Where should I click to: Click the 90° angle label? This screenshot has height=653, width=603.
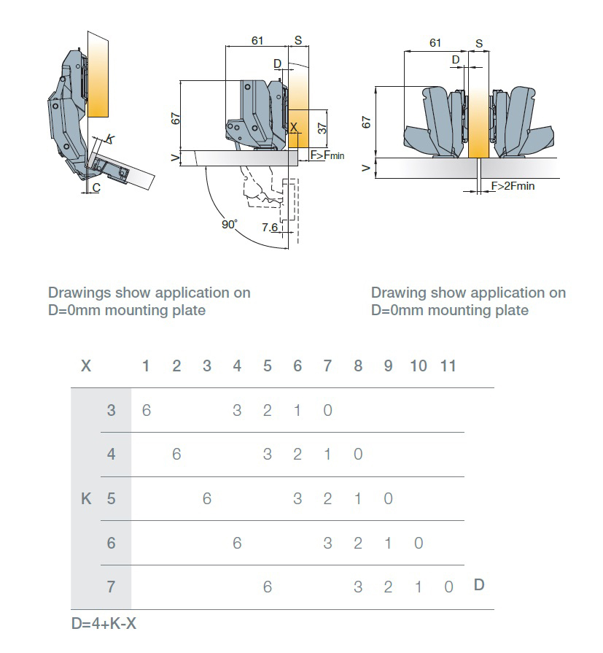click(x=230, y=225)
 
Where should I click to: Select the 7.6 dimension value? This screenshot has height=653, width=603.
click(x=269, y=228)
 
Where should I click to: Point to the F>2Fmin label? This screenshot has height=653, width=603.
click(x=513, y=186)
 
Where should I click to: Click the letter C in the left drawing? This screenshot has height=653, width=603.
click(x=96, y=188)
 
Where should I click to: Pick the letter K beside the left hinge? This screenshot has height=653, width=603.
click(x=109, y=139)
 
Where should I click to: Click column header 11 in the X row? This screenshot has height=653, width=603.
click(x=448, y=366)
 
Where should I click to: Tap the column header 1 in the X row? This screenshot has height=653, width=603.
click(x=146, y=366)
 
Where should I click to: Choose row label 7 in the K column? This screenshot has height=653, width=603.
click(x=111, y=587)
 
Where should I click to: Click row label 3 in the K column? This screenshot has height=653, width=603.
click(x=111, y=410)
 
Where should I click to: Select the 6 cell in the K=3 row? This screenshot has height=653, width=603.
click(x=146, y=410)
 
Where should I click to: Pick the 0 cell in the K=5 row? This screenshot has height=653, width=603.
click(x=388, y=499)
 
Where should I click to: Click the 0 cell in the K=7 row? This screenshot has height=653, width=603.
click(x=448, y=587)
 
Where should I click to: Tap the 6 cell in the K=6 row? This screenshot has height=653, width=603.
click(x=237, y=543)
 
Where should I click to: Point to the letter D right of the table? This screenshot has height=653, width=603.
click(x=479, y=584)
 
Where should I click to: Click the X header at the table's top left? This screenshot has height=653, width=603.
click(x=86, y=366)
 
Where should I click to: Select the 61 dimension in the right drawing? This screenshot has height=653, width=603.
click(x=435, y=43)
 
